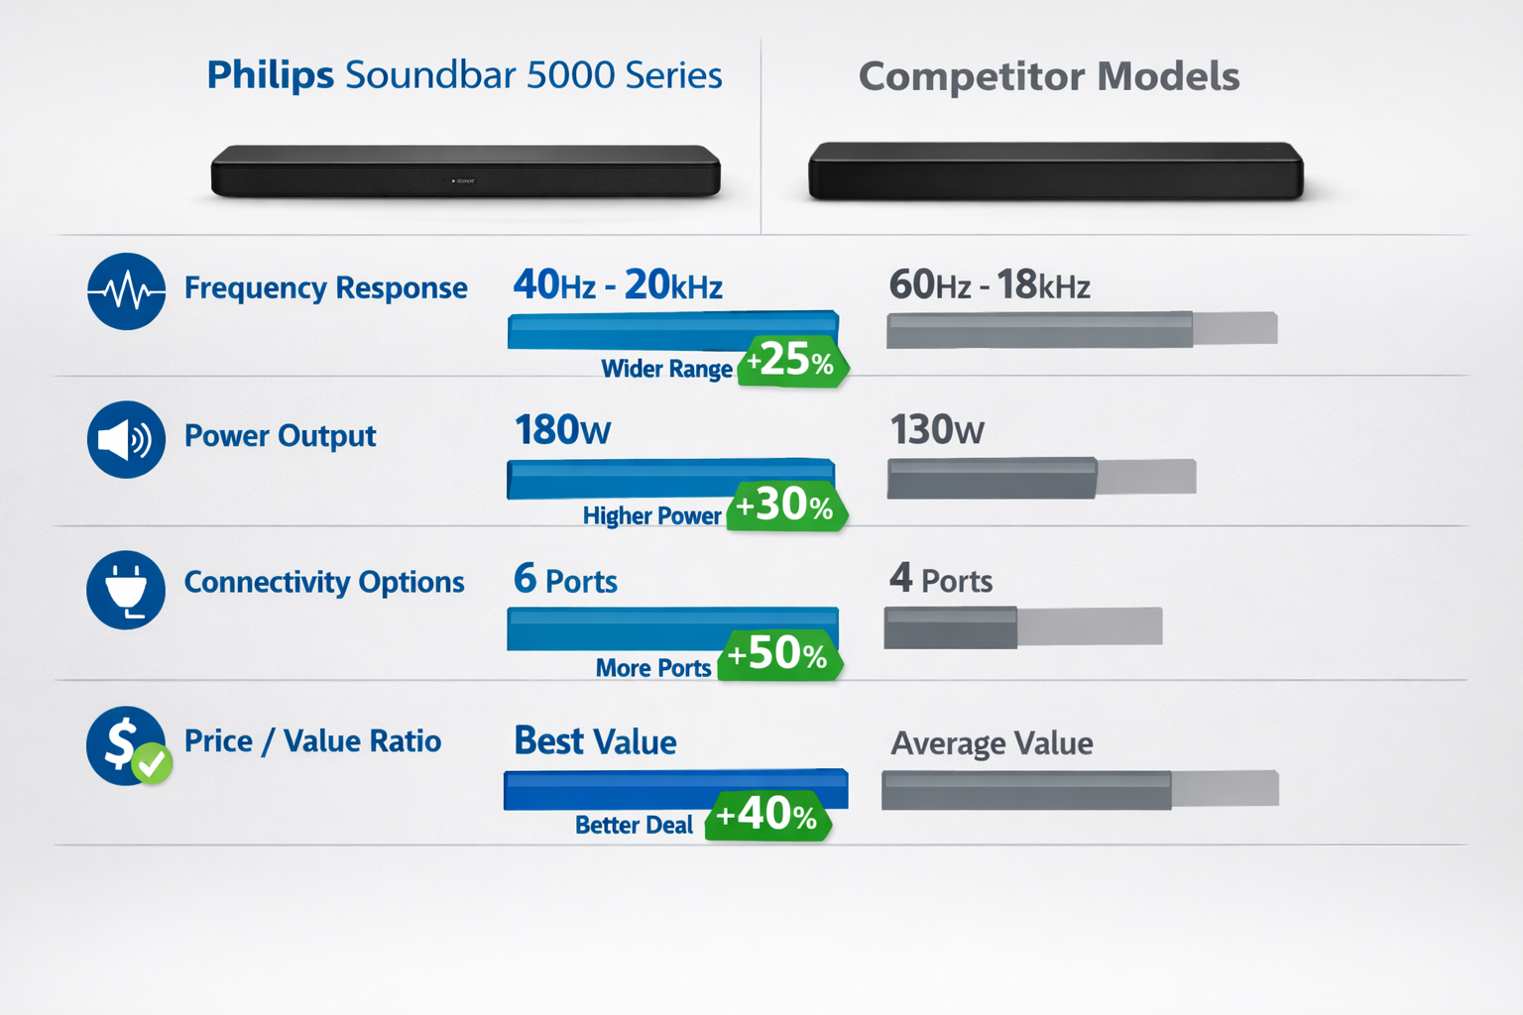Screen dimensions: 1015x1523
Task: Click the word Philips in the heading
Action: (270, 75)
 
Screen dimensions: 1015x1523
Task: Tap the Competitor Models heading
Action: (1048, 76)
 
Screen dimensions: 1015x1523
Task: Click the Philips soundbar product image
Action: (465, 171)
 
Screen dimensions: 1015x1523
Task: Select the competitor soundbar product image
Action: (1055, 171)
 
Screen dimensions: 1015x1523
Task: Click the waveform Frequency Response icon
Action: (126, 291)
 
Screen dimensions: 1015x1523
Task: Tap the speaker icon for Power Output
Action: (126, 439)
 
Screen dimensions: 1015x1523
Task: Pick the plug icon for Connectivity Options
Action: (126, 589)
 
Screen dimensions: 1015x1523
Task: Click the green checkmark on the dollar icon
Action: (153, 763)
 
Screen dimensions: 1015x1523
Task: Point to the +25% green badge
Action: (792, 361)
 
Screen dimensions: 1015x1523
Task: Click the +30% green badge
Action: (786, 507)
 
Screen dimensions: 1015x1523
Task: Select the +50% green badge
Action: (779, 654)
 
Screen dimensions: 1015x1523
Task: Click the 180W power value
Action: (562, 430)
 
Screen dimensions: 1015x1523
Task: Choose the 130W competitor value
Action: (936, 430)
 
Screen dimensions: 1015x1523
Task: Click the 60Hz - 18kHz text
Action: (989, 285)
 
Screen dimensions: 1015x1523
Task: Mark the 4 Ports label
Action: (940, 579)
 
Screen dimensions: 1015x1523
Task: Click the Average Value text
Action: (992, 743)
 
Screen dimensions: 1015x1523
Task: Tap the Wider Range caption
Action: (666, 369)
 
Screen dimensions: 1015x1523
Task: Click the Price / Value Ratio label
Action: (312, 741)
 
